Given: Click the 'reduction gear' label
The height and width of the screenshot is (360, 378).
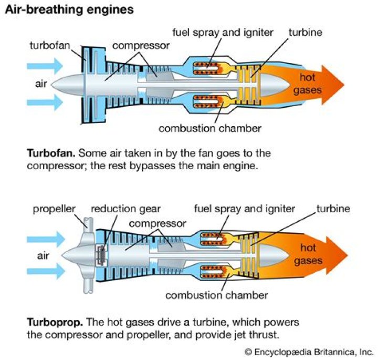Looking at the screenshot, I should pos(124,209).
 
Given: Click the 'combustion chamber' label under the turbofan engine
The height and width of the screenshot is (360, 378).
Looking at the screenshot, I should pos(210,128).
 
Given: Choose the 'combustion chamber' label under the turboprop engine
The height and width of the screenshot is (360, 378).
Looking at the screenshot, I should pos(216,295).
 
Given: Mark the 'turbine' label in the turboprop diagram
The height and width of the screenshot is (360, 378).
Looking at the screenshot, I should pos(333,209).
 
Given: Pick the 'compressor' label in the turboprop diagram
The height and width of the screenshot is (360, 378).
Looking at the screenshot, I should pos(157,223).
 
